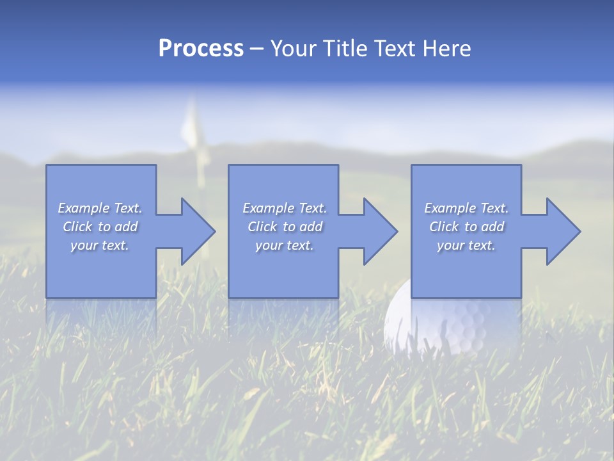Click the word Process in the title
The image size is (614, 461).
201,49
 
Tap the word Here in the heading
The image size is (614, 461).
446,49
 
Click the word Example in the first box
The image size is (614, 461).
84,208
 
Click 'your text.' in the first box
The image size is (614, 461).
100,245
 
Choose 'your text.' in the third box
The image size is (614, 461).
466,245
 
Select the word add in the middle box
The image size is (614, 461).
311,227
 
